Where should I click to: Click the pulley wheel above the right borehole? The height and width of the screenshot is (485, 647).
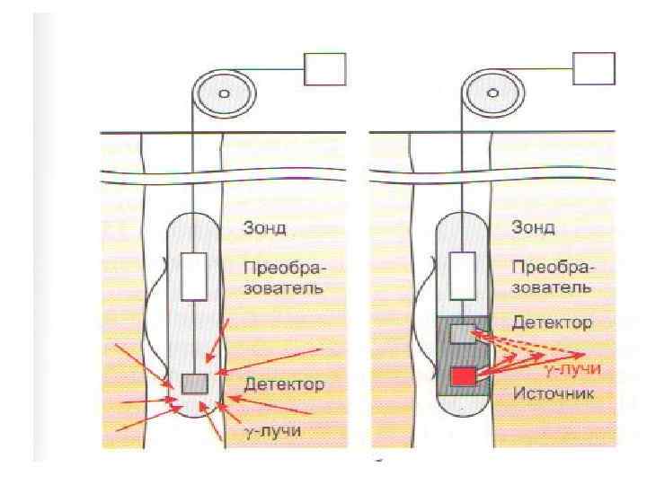coord(492,93)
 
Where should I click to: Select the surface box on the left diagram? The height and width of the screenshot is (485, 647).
coord(324,68)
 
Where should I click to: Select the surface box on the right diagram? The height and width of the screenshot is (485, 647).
coord(594,68)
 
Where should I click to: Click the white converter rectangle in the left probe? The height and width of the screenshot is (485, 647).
coord(195,276)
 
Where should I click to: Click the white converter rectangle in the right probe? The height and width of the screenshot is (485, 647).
coord(463,276)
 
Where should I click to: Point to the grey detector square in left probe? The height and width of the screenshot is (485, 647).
coord(195,384)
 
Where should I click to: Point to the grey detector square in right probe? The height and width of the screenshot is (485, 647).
coord(463,334)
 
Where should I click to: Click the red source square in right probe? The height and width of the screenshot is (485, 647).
coord(463,376)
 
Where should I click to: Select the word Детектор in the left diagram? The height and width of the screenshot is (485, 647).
coord(285,386)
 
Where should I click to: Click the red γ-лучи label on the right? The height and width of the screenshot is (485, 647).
coord(572,369)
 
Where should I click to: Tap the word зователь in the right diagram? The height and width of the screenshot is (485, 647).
coord(551,288)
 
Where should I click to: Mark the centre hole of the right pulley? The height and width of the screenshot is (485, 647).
coord(492,93)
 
